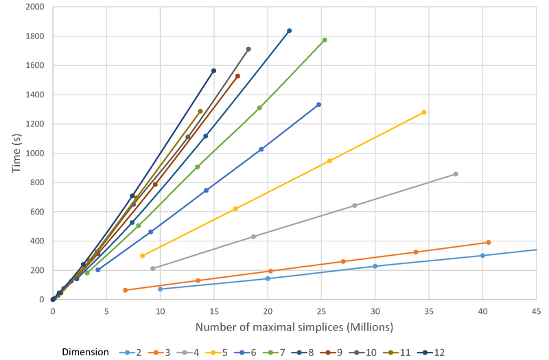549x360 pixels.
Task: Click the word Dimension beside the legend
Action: (x=85, y=352)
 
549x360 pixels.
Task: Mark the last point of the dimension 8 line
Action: (x=289, y=31)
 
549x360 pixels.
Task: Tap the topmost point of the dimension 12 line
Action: (x=213, y=71)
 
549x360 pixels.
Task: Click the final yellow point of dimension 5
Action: (x=424, y=112)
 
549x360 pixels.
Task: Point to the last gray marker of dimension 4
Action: (x=456, y=174)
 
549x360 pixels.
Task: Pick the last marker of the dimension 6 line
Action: (x=318, y=105)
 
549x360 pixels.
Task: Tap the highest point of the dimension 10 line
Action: (x=248, y=49)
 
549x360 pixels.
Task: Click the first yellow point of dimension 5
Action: (x=142, y=256)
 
